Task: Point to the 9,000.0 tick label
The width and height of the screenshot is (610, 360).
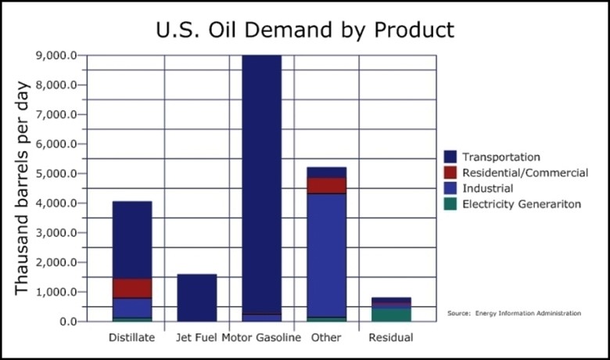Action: click(56, 56)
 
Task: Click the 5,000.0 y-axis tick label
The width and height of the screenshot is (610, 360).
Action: click(56, 174)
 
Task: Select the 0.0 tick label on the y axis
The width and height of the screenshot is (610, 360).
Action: click(67, 322)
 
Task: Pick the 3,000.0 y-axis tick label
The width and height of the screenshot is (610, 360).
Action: click(56, 233)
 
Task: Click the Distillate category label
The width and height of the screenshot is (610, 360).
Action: click(131, 339)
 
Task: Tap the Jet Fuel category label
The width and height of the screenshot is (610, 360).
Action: click(196, 339)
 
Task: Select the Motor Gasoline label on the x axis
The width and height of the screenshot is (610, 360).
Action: click(261, 339)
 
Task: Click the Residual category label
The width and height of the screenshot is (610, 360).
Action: click(391, 339)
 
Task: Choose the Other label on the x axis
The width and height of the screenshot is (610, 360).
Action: click(325, 339)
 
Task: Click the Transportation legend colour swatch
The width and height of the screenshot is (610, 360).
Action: click(450, 157)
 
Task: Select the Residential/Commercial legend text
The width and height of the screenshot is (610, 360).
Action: click(524, 172)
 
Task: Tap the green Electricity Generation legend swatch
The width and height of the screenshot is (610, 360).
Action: click(450, 204)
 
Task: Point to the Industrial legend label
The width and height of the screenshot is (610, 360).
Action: click(487, 189)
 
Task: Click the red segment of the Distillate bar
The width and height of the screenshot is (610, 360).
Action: click(132, 288)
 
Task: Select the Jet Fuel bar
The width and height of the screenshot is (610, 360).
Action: click(196, 297)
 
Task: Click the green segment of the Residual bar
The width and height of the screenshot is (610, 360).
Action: click(392, 315)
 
